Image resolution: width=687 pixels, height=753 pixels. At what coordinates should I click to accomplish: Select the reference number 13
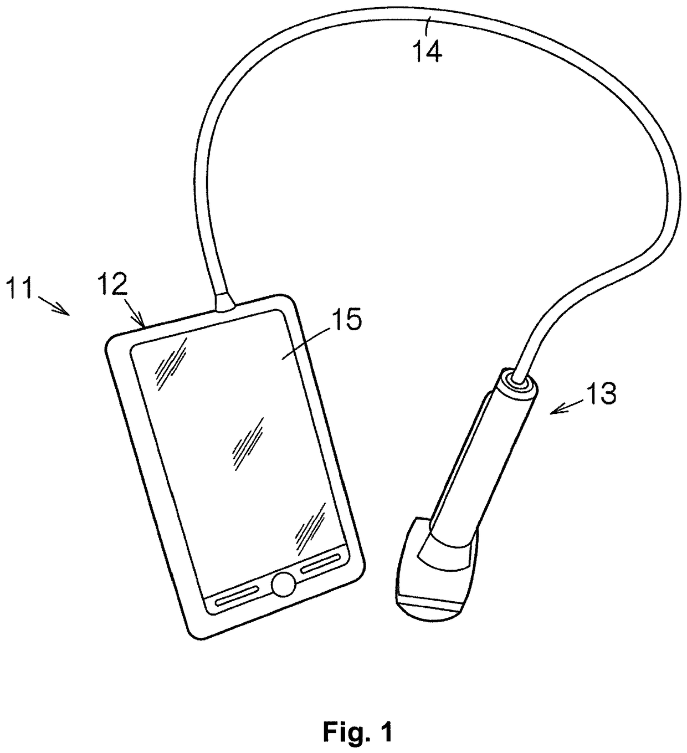tap(600, 395)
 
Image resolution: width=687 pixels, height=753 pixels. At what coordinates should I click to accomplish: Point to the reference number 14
tap(427, 52)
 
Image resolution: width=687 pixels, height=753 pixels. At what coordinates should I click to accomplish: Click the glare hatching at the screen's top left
tap(173, 360)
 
